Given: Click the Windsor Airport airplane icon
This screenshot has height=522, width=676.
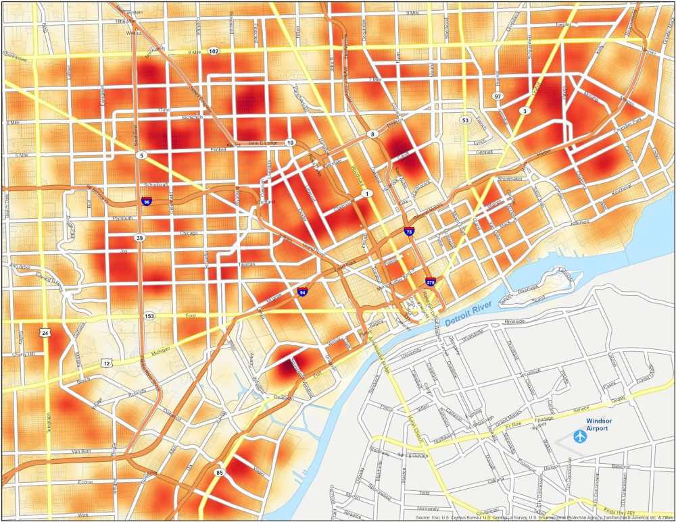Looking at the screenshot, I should pos(579,436).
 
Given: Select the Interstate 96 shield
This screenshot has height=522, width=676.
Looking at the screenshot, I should pos(147,201).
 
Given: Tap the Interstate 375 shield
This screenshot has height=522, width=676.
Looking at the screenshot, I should pos(431,281).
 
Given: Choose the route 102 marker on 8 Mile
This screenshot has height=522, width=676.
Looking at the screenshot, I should pos(214,51).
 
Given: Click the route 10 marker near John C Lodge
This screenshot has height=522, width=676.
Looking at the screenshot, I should pos(290,142).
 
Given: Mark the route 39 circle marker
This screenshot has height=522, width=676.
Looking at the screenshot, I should pos(139,238).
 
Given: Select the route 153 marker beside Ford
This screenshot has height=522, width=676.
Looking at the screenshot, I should pos(148,315).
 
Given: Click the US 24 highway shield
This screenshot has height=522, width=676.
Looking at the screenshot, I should pos(45,333).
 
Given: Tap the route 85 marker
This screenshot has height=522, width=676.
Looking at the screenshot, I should pos(219,472).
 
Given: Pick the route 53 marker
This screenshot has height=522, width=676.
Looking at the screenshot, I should pos(465,120).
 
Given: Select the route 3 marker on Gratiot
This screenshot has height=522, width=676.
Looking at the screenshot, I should pos(524,110).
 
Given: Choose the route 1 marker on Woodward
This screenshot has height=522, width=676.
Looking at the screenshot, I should pos(367,194).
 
